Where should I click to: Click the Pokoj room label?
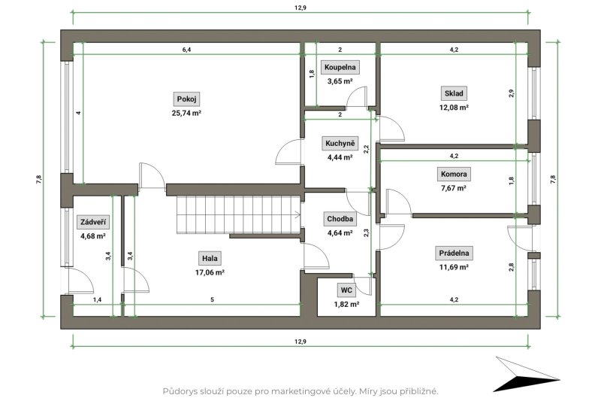[x=186, y=99]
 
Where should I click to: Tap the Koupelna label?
[x=340, y=67]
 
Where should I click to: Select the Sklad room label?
[x=454, y=93]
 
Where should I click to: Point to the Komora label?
[x=454, y=175]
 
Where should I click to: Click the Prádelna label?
[x=454, y=254]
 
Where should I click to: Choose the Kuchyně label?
[x=340, y=144]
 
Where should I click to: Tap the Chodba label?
[x=340, y=219]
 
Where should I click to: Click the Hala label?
[x=210, y=259]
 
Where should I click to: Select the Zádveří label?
[x=93, y=222]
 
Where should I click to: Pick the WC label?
[x=346, y=290]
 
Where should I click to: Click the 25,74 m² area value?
[x=186, y=113]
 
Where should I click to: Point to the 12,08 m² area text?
[x=454, y=108]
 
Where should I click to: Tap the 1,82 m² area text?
[x=346, y=304]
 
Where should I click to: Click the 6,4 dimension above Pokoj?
[x=186, y=50]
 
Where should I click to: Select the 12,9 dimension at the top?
[x=300, y=8]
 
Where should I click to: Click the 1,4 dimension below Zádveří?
[x=98, y=299]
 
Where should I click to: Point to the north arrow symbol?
[x=526, y=374]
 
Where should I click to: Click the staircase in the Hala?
[x=237, y=214]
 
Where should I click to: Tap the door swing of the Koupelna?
[x=357, y=97]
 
